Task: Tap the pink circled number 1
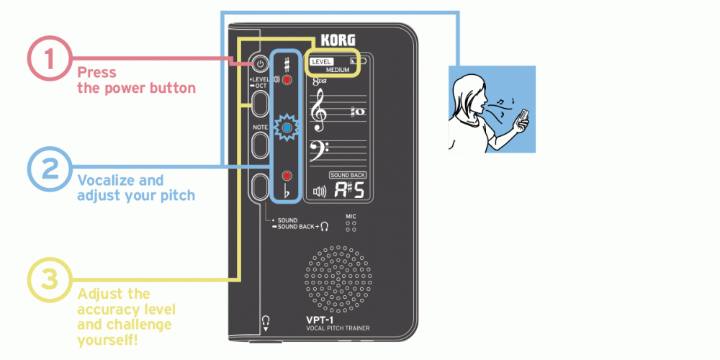point(49,58)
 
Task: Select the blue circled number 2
point(49,170)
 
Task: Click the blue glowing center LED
point(287,128)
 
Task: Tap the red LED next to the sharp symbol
point(287,80)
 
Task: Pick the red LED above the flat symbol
point(287,175)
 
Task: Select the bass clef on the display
point(317,152)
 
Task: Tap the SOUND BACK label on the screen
point(348,175)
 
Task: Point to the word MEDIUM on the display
point(337,70)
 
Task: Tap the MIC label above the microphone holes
point(351,215)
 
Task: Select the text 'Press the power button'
point(136,80)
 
